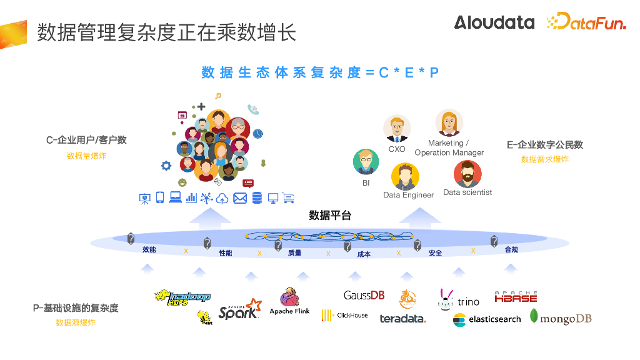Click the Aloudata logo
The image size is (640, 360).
tap(494, 22)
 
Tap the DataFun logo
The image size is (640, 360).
tap(586, 22)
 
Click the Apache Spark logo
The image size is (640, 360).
tap(239, 309)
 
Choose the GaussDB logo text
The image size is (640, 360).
tap(364, 295)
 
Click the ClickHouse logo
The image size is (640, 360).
tap(344, 316)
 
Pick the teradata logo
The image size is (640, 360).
tap(402, 319)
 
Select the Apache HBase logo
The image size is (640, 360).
tap(516, 297)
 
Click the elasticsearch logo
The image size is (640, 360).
tap(487, 319)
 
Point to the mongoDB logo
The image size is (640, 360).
tap(561, 317)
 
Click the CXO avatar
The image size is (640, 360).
tap(397, 129)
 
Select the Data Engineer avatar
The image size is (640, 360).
tap(405, 176)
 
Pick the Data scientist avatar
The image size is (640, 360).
tap(467, 174)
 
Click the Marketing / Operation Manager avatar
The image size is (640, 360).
tap(449, 123)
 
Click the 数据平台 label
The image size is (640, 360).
tap(330, 216)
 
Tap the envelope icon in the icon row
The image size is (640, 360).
tap(240, 198)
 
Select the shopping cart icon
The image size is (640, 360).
tap(288, 198)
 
